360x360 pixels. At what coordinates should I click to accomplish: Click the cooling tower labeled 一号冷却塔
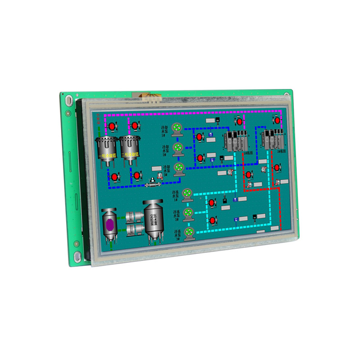click(x=107, y=148)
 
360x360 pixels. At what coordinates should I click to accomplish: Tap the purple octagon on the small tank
click(x=109, y=224)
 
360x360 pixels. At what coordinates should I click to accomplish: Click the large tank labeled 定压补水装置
click(x=153, y=220)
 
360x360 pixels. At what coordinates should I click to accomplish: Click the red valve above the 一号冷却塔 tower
click(x=111, y=127)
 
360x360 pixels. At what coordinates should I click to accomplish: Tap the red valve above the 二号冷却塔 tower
click(x=135, y=126)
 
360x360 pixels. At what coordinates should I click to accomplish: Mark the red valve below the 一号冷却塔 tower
click(x=115, y=177)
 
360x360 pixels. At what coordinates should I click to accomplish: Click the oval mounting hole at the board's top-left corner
click(x=68, y=99)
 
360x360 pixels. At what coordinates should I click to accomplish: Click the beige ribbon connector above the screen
click(x=147, y=95)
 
